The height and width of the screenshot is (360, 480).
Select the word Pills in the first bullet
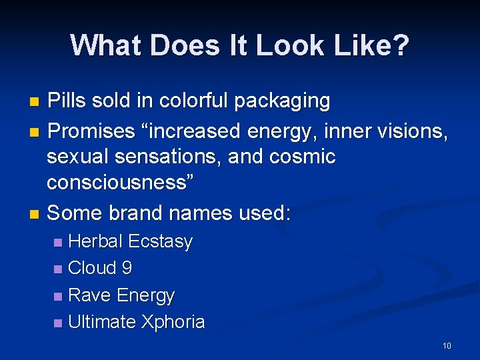pos(69,101)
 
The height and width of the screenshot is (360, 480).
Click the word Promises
pos(92,131)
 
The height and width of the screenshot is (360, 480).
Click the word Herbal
pos(95,241)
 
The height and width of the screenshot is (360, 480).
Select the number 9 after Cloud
pos(127,268)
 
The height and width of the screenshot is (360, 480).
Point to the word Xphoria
pos(173,323)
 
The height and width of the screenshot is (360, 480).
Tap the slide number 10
pos(447,345)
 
